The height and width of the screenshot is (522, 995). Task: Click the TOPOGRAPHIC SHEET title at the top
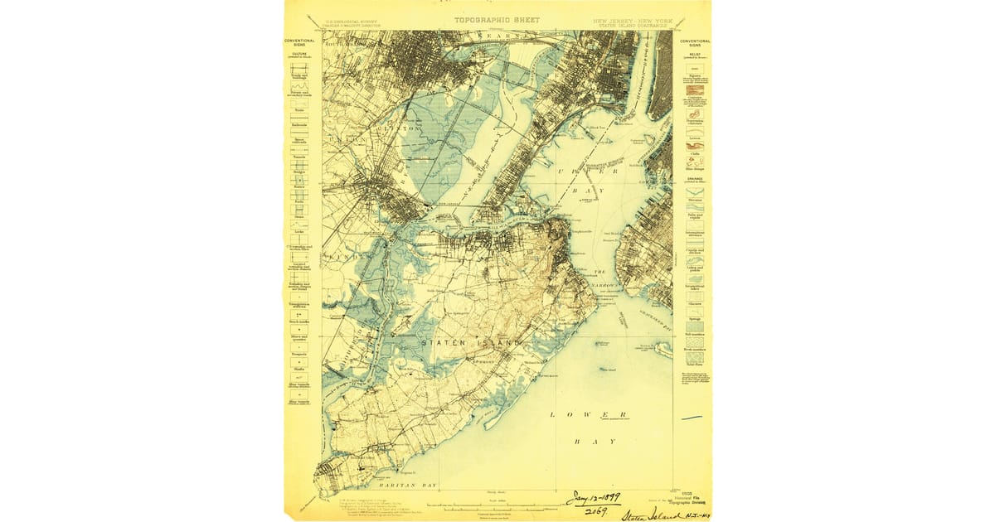496,19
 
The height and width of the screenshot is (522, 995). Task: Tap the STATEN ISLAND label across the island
471,343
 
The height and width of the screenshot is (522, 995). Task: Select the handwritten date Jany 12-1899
593,499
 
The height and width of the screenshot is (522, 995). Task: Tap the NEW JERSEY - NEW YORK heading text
631,19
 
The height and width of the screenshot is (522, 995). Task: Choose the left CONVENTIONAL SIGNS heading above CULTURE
299,42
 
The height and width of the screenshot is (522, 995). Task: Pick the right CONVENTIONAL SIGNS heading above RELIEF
695,42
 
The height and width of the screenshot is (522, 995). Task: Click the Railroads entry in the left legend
299,125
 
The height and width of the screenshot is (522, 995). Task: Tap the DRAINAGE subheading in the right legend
694,178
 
